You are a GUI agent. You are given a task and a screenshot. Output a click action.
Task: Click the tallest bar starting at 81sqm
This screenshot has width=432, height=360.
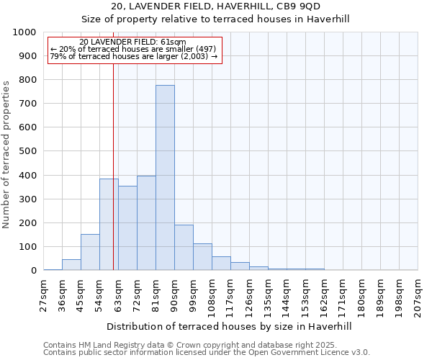165,178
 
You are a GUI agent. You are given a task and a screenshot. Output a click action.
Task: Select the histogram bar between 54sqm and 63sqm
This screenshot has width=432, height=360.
109,225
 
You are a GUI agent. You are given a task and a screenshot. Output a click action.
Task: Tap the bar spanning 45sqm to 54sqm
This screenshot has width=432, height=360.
90,252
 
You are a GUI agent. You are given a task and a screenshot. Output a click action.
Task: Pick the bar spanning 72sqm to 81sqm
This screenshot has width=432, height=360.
146,223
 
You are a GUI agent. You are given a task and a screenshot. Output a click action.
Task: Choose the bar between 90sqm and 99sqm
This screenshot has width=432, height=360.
184,248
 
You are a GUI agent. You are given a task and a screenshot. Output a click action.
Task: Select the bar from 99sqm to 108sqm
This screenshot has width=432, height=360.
202,257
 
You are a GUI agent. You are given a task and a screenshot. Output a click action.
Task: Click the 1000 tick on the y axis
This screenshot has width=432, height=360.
24,32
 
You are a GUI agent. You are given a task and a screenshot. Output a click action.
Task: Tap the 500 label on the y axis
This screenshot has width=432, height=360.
27,151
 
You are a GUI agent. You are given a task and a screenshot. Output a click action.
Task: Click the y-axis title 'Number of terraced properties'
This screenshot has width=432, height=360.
7,154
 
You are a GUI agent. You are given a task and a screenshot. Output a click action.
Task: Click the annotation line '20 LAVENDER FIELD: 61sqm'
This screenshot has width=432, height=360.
132,42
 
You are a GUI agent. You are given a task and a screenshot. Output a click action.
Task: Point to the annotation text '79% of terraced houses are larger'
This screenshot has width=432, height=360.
134,57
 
